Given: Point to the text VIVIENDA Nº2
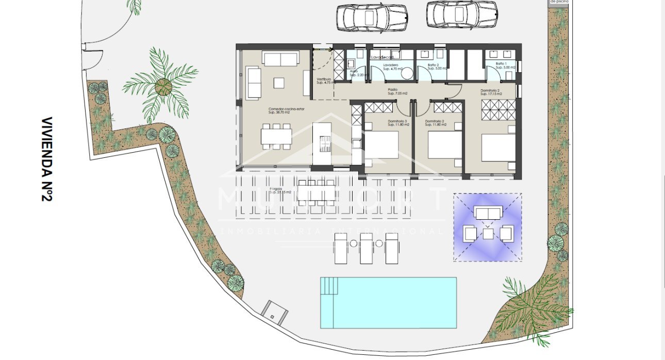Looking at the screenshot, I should coord(48,159).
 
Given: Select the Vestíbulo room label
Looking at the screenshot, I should coord(324,80).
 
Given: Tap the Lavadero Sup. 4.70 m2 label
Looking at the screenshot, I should coord(393,67).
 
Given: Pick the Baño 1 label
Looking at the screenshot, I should coord(504,66).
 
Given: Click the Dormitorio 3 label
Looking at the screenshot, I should coord(398,123).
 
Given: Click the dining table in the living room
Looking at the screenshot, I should coord(276,136).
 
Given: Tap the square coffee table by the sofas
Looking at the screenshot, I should coord(279,83).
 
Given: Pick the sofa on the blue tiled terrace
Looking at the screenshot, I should coord(488,213).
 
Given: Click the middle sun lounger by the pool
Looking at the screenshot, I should coord(367,248).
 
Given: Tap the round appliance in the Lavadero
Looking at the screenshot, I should coord(407,73).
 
